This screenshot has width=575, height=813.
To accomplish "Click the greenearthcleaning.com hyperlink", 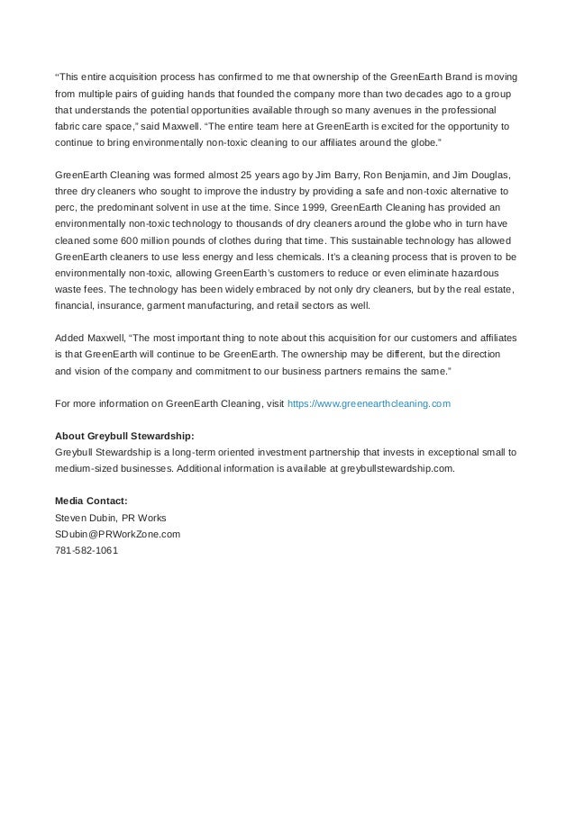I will pos(368,405).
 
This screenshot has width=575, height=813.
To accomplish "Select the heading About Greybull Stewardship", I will pos(124,436).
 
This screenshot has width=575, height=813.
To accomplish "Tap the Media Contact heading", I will pos(91,500).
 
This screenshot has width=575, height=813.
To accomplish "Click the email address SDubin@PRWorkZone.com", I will pos(117,534).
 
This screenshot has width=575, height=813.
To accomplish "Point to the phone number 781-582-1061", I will pos(87,551).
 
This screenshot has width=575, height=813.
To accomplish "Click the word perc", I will pos(67,208).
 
